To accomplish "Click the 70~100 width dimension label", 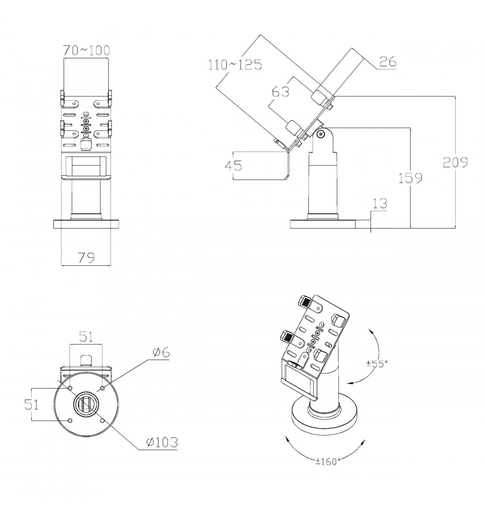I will [86, 51].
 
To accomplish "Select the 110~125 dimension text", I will [235, 65].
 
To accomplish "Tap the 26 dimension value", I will [388, 61].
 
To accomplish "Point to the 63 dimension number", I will [281, 92].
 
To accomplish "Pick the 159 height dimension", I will [411, 178].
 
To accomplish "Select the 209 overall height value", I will [455, 162].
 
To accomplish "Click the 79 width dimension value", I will [86, 258].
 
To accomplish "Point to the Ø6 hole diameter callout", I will [161, 352].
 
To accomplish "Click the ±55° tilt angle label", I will [377, 363].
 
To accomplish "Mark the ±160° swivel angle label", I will [329, 461].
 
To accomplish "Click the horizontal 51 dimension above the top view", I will [87, 337].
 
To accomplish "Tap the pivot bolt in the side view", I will [321, 134].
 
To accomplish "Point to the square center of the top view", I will [86, 404].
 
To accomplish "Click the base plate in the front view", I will [86, 224].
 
